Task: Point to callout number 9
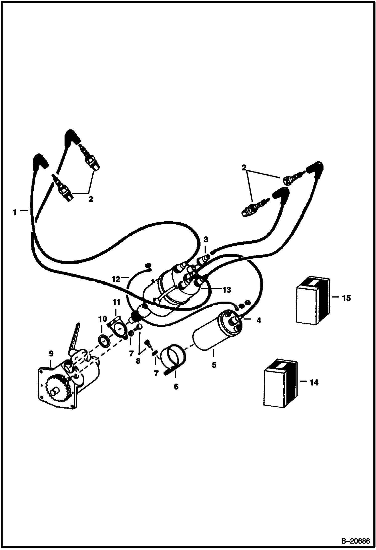coord(51,354)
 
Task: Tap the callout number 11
coord(116,303)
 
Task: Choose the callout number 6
coord(176,387)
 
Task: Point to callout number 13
coord(226,290)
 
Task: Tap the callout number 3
coord(206,240)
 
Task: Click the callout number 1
coord(15,213)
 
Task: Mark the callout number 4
coord(259,320)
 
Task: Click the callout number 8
coord(138,361)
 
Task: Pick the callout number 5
coord(214,365)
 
